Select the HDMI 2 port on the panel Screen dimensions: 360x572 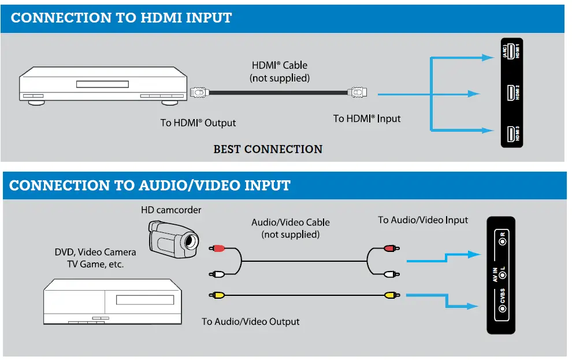[x=510, y=92]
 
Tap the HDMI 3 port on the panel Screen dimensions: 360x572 [x=510, y=133]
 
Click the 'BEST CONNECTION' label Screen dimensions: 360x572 [x=268, y=149]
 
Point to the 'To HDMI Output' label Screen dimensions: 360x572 [x=198, y=123]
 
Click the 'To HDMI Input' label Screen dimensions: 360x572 [x=366, y=118]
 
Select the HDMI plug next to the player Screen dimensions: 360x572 [x=198, y=92]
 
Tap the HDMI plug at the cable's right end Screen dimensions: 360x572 [x=356, y=92]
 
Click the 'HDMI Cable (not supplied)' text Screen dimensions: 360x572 [x=280, y=71]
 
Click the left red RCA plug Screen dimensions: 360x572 [x=217, y=248]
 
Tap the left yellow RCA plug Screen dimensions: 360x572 [x=217, y=295]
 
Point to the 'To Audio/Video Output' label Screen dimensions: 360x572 [x=250, y=321]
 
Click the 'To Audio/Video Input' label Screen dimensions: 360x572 [x=423, y=220]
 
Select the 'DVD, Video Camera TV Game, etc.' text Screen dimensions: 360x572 [x=95, y=258]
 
